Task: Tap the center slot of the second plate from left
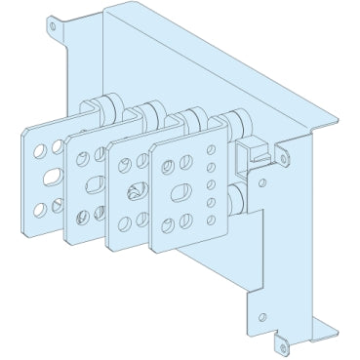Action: pos(94,185)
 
